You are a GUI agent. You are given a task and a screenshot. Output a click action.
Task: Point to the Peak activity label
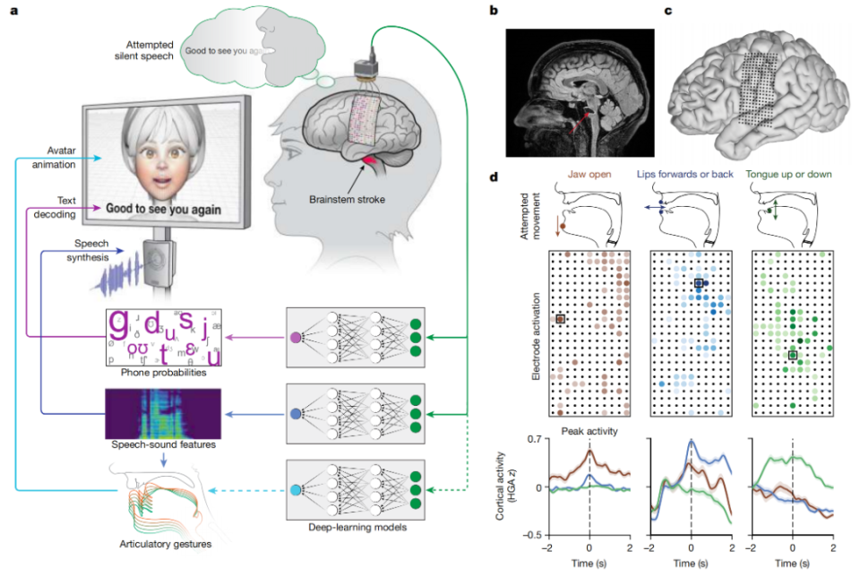point(589,430)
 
